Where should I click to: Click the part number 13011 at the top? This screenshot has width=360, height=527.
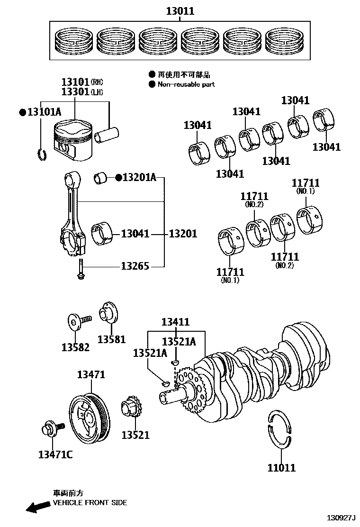180,11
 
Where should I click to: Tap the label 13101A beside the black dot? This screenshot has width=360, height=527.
44,112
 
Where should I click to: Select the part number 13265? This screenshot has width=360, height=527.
135,266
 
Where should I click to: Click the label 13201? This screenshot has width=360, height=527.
183,234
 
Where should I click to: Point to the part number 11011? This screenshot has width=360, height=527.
281,468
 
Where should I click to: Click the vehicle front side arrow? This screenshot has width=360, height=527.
38,508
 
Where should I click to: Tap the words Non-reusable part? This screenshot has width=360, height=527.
186,84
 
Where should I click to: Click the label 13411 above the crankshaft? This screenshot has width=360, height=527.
175,322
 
